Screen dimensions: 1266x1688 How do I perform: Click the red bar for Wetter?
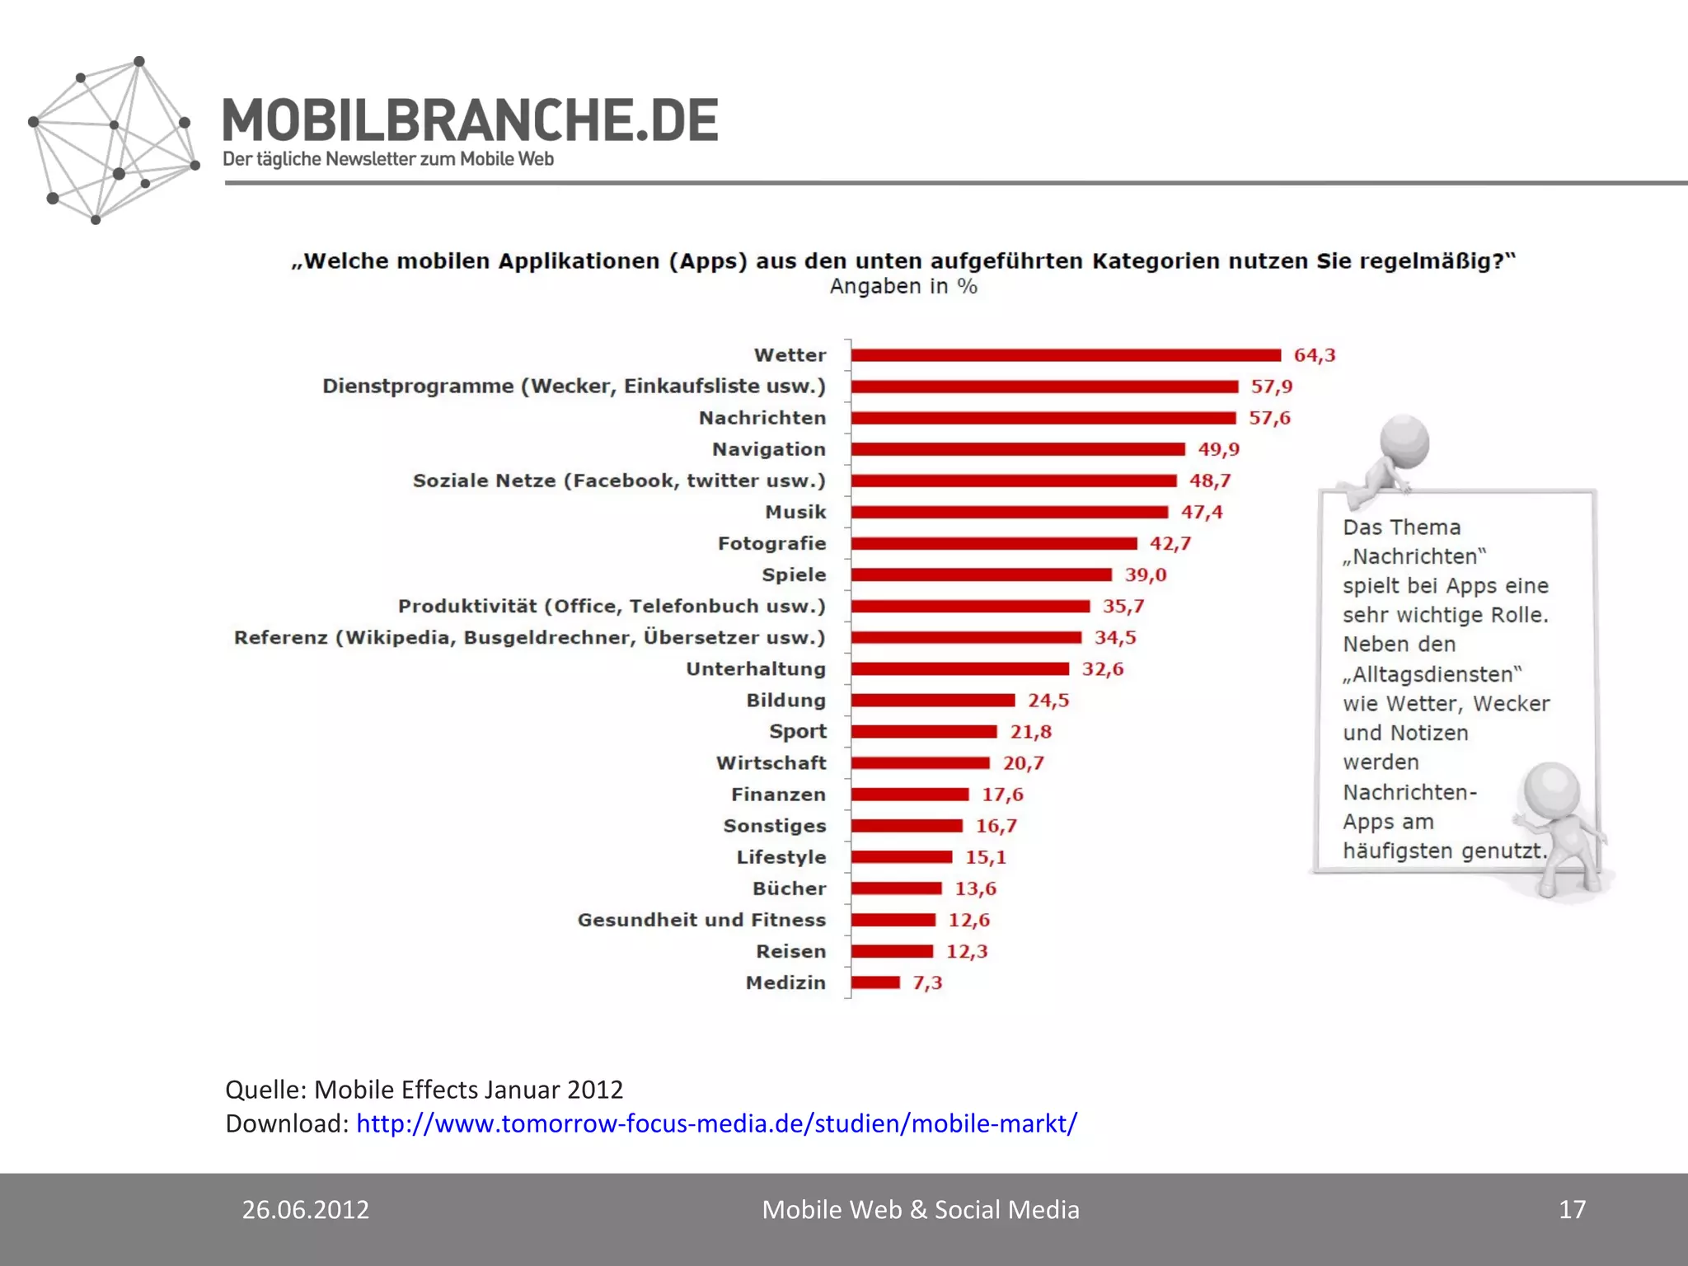coord(1066,355)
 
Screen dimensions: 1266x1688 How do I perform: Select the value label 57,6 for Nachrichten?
coord(1269,418)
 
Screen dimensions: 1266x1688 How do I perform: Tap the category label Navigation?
coord(768,449)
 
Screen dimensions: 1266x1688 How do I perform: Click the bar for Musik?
coord(1010,512)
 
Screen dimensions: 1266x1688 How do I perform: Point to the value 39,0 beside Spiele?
coord(1146,574)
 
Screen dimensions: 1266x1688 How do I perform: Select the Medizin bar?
coord(875,982)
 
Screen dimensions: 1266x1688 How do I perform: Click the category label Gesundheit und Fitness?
coord(701,920)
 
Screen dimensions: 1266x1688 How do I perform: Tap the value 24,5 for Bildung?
coord(1048,701)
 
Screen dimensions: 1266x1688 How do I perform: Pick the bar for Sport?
coord(924,732)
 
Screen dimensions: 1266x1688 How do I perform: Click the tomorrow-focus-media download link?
coord(716,1123)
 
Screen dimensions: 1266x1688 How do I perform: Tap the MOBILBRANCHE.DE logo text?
coord(471,120)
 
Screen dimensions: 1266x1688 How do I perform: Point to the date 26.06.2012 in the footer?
coord(306,1209)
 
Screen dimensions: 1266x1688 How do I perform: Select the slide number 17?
coord(1572,1209)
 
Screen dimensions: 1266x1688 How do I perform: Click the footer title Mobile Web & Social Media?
coord(920,1209)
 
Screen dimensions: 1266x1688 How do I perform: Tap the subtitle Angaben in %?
coord(903,287)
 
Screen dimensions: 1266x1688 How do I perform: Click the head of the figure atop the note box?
coord(1404,441)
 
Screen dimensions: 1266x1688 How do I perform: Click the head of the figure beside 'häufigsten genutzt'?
coord(1552,789)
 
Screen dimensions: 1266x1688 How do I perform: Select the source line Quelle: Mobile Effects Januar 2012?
coord(424,1090)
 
